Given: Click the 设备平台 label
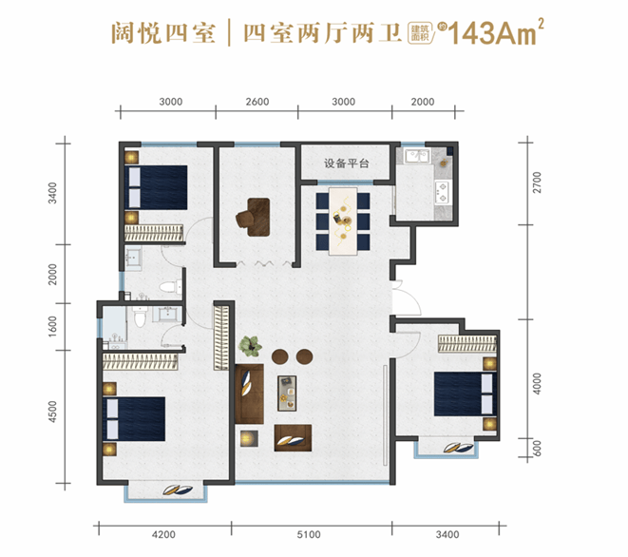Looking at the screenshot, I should pos(345,163).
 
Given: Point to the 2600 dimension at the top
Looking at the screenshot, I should pos(257,102).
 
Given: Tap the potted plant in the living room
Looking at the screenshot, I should pos(251,345).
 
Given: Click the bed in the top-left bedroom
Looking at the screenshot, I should pos(157,187).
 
